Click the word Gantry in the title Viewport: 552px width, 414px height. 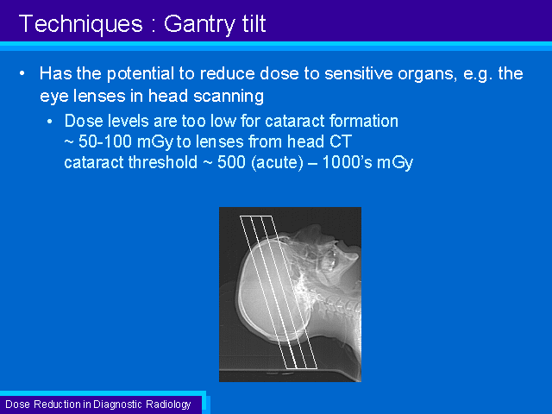pyautogui.click(x=199, y=25)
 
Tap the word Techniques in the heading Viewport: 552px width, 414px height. pyautogui.click(x=80, y=23)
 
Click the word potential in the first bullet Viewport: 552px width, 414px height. pyautogui.click(x=141, y=74)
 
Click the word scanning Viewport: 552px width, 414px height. pyautogui.click(x=229, y=97)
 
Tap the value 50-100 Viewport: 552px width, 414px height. pyautogui.click(x=104, y=141)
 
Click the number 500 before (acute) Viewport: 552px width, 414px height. pyautogui.click(x=231, y=162)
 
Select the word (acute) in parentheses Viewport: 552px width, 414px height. pyautogui.click(x=277, y=163)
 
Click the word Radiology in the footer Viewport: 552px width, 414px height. pyautogui.click(x=168, y=405)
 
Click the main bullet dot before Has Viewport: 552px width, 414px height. pyautogui.click(x=22, y=73)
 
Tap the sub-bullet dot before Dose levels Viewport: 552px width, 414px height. pyautogui.click(x=50, y=122)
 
